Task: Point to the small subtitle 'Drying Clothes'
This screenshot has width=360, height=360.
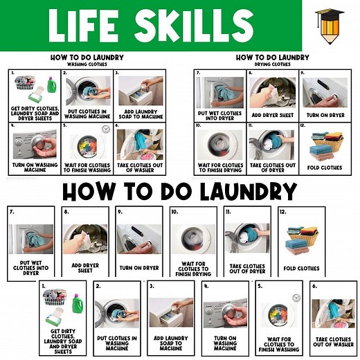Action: pos(272,64)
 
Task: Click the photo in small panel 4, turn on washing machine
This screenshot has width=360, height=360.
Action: pos(34,142)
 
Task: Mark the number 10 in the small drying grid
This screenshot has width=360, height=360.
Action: pos(198,127)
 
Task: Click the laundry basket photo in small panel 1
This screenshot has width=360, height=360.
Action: pos(28,88)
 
